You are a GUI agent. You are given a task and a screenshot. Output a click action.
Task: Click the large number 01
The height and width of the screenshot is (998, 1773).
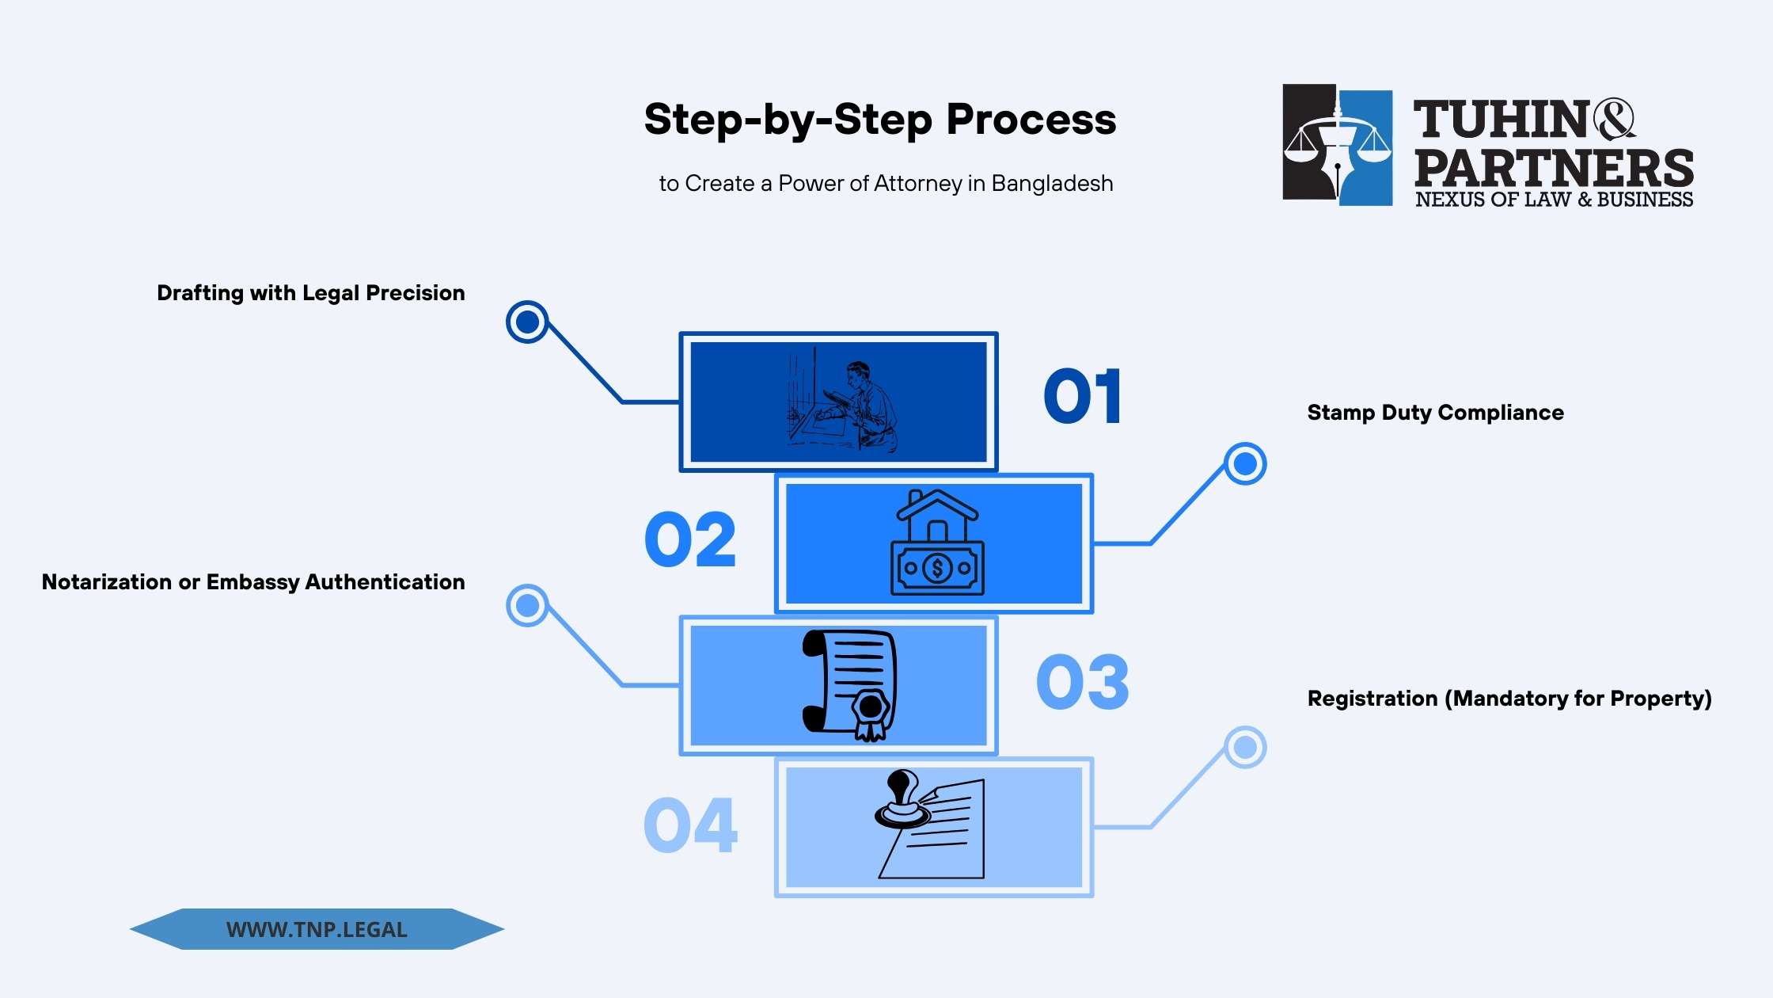(1082, 396)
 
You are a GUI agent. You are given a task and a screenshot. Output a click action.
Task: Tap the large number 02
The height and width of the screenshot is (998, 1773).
(690, 539)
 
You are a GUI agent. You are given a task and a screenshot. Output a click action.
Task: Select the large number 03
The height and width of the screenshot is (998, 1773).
(1082, 682)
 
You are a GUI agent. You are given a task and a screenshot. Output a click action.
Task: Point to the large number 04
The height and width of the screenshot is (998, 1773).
(690, 825)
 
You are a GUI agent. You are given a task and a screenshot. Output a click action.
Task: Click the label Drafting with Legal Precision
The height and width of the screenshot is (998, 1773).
(310, 293)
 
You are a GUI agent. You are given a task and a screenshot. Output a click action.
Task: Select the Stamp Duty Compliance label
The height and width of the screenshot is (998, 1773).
(1435, 413)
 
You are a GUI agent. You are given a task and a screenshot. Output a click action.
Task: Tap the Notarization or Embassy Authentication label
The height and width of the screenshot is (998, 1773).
(253, 582)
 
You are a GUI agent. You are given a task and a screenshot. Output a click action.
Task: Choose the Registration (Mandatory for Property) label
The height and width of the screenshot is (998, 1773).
(1509, 699)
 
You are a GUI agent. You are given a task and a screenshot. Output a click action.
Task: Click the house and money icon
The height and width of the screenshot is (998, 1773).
(937, 543)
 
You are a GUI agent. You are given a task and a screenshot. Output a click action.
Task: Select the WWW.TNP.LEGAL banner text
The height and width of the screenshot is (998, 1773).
(317, 930)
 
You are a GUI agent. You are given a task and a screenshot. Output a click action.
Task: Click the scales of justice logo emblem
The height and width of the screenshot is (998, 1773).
(1338, 145)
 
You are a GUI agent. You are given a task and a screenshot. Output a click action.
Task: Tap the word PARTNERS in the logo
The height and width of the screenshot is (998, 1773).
(1553, 168)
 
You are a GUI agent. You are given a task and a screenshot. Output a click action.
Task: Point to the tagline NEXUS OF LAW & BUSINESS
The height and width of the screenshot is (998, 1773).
(1554, 200)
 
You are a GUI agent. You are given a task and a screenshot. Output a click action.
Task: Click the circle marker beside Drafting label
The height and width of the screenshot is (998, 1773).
(527, 322)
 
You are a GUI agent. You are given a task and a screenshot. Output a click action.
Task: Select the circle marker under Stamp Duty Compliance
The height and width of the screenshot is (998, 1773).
(1245, 463)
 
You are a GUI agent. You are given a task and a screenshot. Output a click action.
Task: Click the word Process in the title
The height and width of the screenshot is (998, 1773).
(1031, 120)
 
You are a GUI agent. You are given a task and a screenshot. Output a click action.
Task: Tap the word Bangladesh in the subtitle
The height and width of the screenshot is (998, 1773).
(1052, 184)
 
